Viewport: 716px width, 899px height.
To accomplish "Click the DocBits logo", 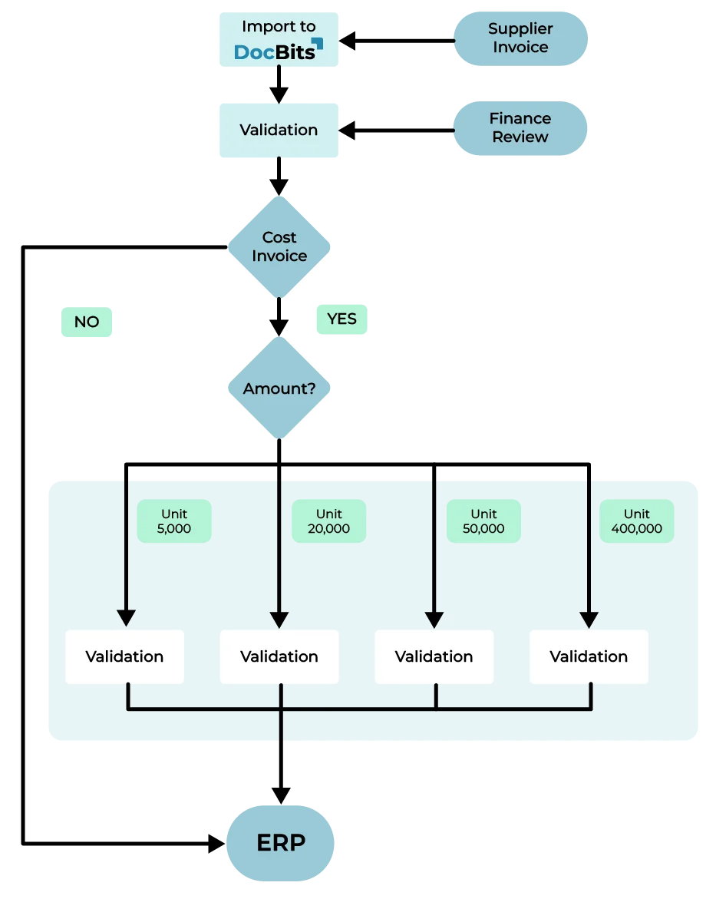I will click(278, 50).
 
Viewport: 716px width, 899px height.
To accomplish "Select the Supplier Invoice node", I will click(520, 38).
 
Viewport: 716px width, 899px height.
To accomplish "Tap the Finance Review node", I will click(520, 128).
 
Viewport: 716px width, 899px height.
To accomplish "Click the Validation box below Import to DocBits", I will click(278, 130).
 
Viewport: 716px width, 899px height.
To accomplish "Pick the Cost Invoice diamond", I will click(279, 246).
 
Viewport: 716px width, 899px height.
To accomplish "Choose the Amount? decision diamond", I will click(279, 388).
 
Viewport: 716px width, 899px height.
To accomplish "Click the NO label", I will click(87, 322).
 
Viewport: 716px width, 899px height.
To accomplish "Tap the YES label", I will click(342, 319).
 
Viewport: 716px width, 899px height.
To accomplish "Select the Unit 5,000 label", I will click(174, 521).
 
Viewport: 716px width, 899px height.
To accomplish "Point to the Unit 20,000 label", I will click(329, 521).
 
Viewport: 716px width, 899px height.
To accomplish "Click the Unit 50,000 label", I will click(483, 521).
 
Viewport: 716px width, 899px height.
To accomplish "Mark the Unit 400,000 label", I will click(636, 521).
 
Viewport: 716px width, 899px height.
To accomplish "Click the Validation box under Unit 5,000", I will click(124, 656).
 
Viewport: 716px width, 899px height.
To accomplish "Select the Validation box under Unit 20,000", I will click(279, 656).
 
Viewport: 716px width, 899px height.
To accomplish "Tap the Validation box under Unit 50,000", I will click(434, 656).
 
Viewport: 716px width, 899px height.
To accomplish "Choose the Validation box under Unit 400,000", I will click(589, 656).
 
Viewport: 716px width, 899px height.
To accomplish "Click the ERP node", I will click(281, 843).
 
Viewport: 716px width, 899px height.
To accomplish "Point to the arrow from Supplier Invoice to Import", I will click(399, 40).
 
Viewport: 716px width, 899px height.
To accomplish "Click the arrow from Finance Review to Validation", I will click(399, 130).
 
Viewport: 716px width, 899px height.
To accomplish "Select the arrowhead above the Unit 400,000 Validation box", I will click(589, 618).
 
